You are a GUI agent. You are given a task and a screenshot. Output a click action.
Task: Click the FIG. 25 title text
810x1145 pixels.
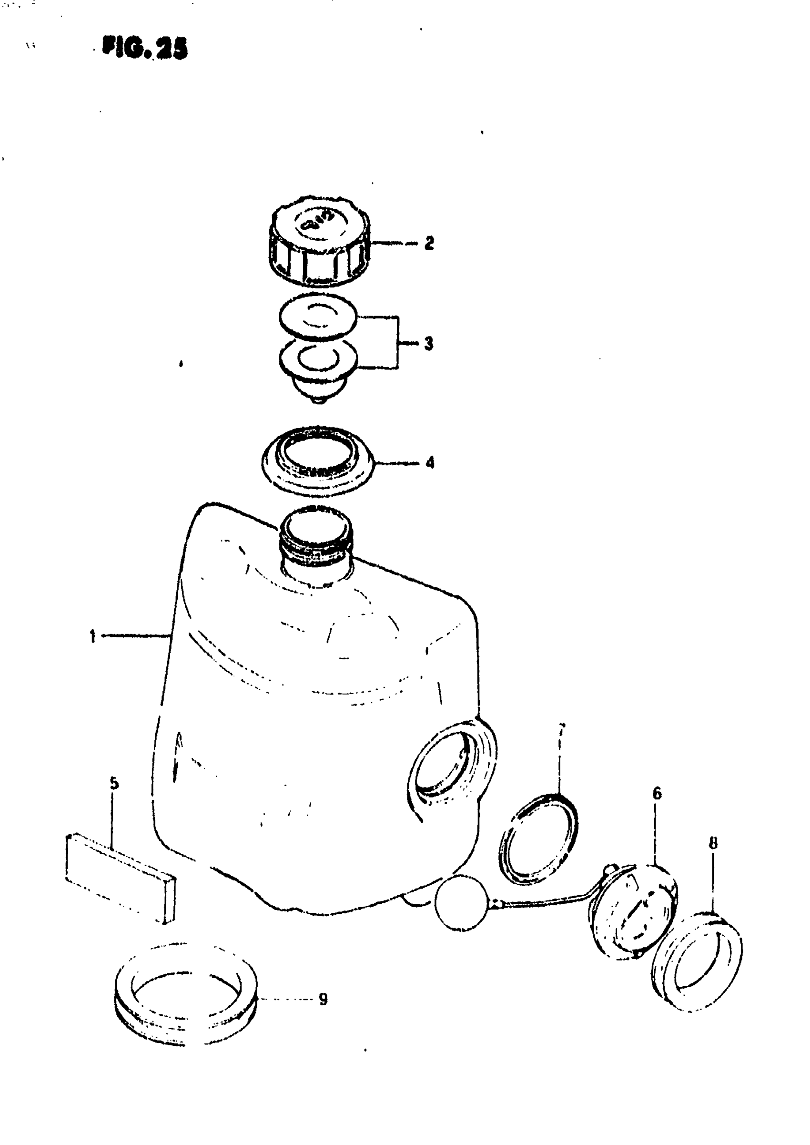point(145,49)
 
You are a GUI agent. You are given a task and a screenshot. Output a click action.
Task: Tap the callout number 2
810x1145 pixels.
point(428,244)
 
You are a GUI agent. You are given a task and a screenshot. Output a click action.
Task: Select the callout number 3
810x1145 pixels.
point(428,344)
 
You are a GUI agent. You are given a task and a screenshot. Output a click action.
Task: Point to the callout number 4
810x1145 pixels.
point(429,462)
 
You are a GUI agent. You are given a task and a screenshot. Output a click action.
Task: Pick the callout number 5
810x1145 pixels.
point(114,783)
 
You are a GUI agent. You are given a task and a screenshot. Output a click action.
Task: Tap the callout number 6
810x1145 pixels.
point(657,793)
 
